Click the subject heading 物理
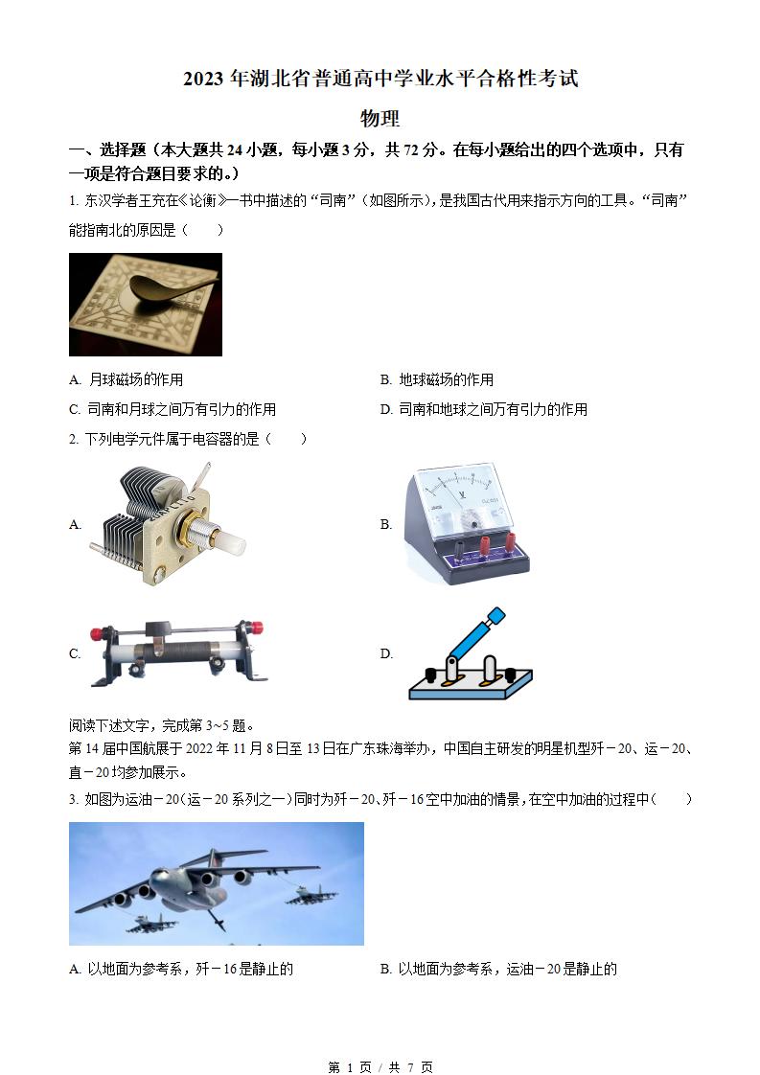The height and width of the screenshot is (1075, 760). click(380, 119)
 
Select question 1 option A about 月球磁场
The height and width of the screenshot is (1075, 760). click(127, 379)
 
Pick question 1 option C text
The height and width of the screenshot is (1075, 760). click(173, 409)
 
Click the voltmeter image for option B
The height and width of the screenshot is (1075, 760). click(465, 523)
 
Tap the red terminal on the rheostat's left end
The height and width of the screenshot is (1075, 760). click(97, 633)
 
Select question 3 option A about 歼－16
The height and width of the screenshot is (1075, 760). click(182, 969)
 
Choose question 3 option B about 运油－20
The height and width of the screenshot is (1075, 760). click(498, 969)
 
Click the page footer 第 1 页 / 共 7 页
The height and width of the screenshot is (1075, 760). click(380, 1066)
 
